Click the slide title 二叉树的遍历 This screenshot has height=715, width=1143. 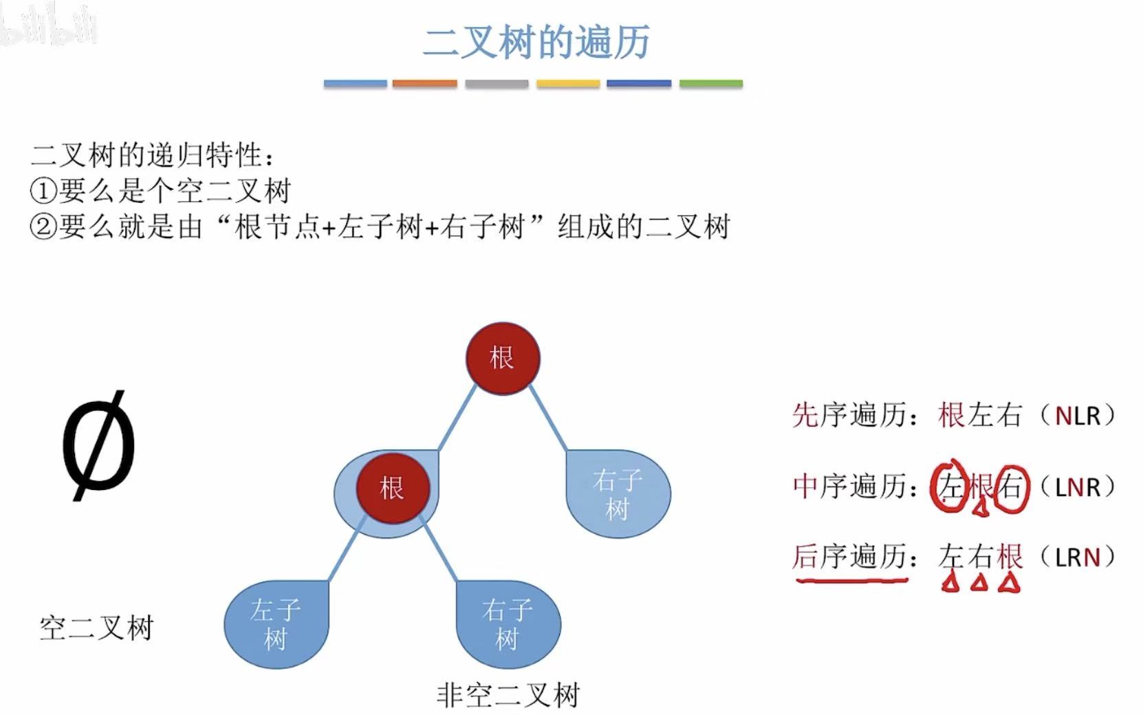click(x=536, y=43)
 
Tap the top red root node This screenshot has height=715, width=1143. click(x=503, y=359)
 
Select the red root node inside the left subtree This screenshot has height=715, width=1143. click(x=393, y=489)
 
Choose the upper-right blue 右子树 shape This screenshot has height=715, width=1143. click(x=618, y=494)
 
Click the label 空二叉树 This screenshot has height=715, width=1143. click(x=96, y=628)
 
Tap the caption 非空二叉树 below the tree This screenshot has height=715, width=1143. click(x=508, y=696)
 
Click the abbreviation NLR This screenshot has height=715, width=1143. click(x=1078, y=416)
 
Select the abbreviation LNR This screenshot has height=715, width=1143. click(x=1078, y=487)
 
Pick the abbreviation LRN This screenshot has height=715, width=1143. click(x=1078, y=557)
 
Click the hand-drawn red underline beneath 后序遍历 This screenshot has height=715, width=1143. click(x=851, y=580)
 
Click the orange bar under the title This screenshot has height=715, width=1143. click(x=424, y=84)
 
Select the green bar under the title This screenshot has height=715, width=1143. click(x=710, y=84)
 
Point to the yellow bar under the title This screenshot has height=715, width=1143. click(x=568, y=84)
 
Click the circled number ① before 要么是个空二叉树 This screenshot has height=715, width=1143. click(x=43, y=191)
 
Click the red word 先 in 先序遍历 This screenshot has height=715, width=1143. click(x=805, y=416)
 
